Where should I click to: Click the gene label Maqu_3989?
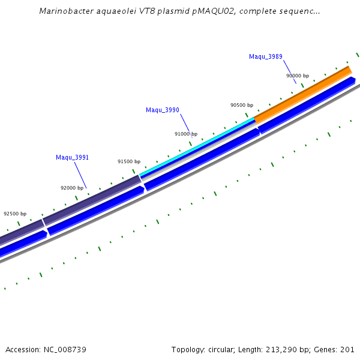[266, 56]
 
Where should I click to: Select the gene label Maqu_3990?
[163, 110]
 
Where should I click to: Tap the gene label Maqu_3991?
[73, 157]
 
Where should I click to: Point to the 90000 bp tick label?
[298, 76]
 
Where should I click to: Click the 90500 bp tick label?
[242, 105]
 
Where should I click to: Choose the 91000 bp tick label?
[186, 134]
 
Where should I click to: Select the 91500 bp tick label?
[129, 161]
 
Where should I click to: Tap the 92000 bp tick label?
[72, 188]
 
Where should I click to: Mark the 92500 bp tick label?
[15, 214]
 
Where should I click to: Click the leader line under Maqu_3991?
[80, 175]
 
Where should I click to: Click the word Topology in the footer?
[187, 349]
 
